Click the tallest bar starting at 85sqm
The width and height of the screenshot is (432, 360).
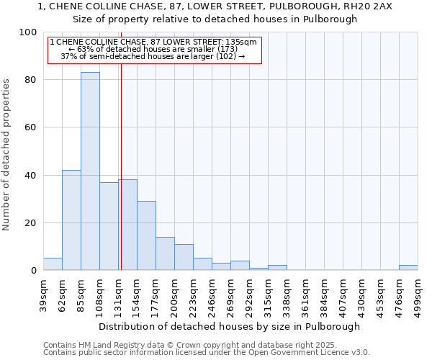click(90, 171)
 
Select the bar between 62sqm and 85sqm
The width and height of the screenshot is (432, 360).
click(71, 220)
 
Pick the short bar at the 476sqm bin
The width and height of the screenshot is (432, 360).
click(408, 268)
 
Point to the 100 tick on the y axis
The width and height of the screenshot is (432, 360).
click(30, 32)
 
